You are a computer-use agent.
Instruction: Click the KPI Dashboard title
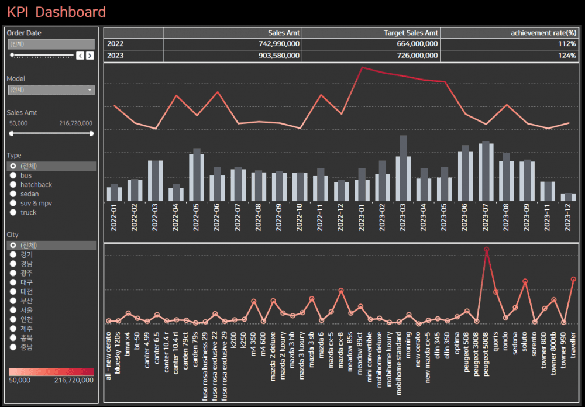[x=57, y=12]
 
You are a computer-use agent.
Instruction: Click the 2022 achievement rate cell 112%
[x=567, y=44]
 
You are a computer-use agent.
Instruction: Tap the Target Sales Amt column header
[x=410, y=33]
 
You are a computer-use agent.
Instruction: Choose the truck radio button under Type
[x=13, y=212]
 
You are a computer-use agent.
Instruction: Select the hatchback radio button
[x=13, y=184]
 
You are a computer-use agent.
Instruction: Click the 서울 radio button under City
[x=13, y=310]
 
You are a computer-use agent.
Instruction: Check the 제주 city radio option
[x=13, y=329]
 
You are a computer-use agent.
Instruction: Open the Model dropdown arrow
[x=90, y=90]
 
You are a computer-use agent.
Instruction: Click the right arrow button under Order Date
[x=90, y=56]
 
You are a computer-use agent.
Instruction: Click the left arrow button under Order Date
[x=80, y=56]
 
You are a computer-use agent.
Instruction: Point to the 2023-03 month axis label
[x=404, y=218]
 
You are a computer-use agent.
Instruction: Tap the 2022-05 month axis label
[x=197, y=218]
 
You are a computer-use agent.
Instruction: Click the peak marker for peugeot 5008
[x=486, y=250]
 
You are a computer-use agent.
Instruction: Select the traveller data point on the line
[x=573, y=279]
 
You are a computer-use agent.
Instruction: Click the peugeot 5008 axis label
[x=487, y=357]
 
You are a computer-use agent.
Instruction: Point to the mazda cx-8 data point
[x=341, y=291]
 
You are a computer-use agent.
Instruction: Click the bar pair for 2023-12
[x=568, y=197]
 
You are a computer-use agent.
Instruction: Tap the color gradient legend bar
[x=51, y=372]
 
